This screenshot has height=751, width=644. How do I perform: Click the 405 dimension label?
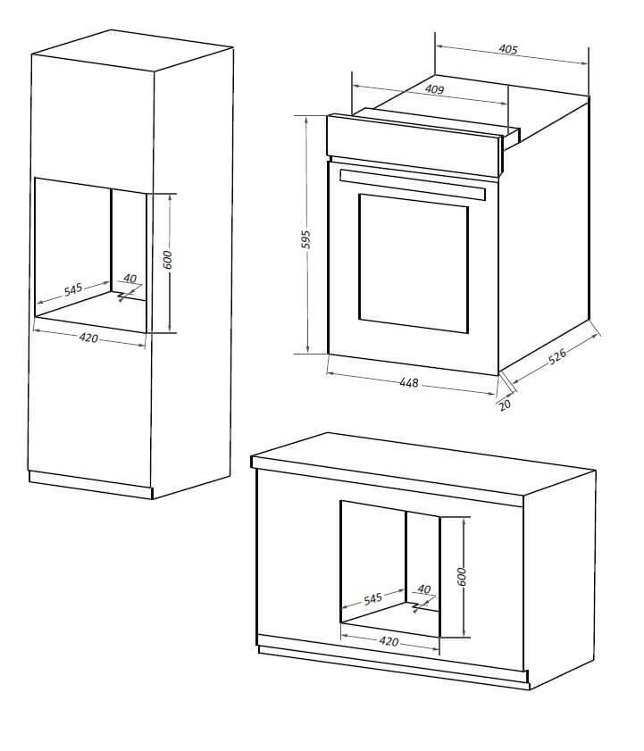508,49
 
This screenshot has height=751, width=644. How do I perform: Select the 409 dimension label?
434,89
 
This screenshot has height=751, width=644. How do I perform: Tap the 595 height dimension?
305,239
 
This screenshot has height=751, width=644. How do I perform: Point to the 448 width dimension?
409,383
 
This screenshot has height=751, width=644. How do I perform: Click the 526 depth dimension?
557,356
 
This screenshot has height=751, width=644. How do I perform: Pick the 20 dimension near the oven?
505,405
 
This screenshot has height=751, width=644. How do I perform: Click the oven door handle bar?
412,184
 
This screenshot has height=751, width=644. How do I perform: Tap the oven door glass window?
413,263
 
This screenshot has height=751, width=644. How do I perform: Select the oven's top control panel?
414,145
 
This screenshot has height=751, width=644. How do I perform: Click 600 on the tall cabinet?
168,260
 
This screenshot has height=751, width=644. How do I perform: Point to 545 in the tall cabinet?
73,289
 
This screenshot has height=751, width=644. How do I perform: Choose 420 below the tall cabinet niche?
88,338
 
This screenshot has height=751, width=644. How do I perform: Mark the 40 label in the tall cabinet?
130,278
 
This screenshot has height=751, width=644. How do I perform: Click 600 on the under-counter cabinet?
462,577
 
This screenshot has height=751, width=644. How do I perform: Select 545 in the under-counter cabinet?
372,598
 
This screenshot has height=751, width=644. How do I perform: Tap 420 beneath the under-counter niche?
389,641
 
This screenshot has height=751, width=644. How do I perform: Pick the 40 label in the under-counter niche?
424,589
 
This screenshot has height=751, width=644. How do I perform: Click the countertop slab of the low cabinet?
423,469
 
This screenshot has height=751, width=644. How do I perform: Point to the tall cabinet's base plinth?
90,485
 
